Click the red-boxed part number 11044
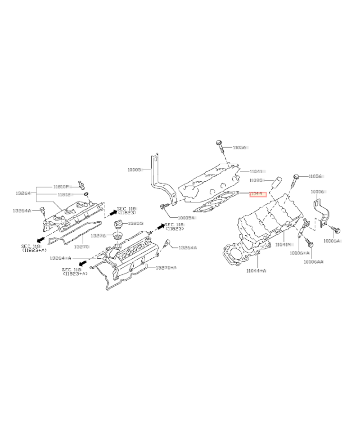point(258,194)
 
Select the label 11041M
point(285,245)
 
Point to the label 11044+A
point(256,270)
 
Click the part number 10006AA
point(313,261)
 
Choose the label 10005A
point(185,218)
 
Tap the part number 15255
point(135,223)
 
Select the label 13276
point(98,235)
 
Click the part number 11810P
point(61,186)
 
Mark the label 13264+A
point(60,258)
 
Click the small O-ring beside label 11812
point(86,194)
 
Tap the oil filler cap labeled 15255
point(119,224)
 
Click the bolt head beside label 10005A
point(163,207)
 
